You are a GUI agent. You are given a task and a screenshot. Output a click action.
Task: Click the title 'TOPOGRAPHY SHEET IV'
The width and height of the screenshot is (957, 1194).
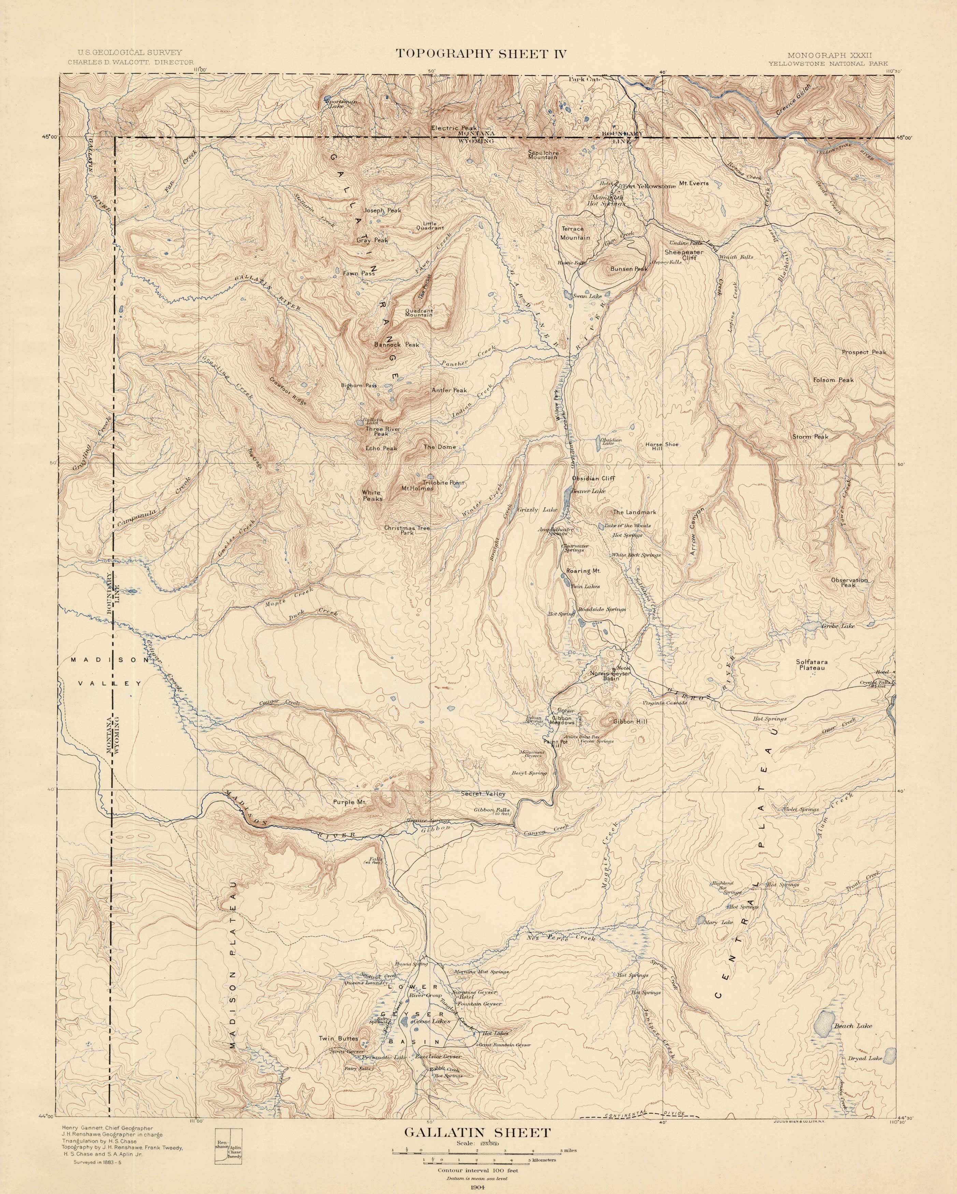click(480, 54)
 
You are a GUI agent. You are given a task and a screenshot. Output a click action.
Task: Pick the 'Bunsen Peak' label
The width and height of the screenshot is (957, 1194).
click(628, 269)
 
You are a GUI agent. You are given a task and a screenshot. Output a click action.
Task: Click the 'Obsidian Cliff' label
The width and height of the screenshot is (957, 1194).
click(593, 479)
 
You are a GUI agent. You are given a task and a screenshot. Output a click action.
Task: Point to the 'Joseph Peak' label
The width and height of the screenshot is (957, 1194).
click(382, 210)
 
